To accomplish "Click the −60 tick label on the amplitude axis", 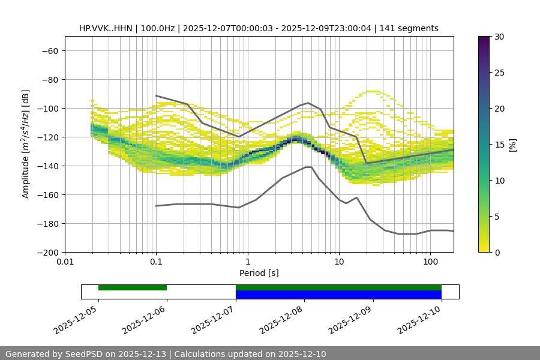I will [49, 50].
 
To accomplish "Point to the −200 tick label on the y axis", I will [46, 252].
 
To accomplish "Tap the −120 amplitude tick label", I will [46, 137].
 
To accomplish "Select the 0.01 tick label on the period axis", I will [65, 262].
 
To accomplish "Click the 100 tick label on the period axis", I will [430, 262].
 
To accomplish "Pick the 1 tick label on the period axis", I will [247, 262].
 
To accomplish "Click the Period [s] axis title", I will [259, 273].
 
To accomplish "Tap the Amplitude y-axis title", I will [26, 144].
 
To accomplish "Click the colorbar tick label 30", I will [499, 37].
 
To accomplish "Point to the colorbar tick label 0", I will [497, 252].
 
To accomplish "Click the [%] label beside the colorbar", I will [512, 145].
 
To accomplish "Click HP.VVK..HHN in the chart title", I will [105, 28].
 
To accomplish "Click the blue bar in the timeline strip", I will [338, 295].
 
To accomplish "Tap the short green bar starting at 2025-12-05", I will [133, 287].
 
